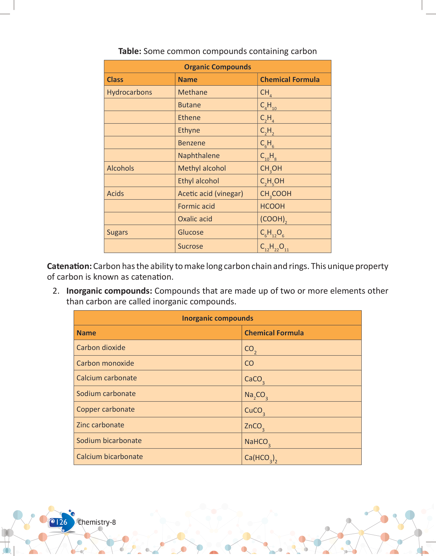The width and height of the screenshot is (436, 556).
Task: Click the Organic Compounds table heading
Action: [x=217, y=67]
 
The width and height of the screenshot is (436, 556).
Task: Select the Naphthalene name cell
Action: [x=199, y=156]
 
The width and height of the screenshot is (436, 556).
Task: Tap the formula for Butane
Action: [x=268, y=105]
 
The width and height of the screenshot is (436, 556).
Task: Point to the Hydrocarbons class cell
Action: [x=129, y=92]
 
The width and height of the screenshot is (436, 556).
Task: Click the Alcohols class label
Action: [x=120, y=168]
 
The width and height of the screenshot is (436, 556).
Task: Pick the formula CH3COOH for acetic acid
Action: [x=276, y=194]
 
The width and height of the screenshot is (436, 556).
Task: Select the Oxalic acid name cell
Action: [x=195, y=219]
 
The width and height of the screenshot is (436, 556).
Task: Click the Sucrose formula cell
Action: [x=274, y=247]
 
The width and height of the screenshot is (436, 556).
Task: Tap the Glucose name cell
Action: [x=191, y=232]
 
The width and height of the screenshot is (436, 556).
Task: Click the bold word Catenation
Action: [x=69, y=266]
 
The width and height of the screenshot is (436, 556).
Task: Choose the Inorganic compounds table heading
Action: [x=217, y=318]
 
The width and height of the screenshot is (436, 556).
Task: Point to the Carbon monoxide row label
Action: [x=105, y=363]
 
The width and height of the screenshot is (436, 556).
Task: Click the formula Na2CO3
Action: [x=256, y=395]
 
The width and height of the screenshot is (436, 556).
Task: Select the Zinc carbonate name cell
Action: [x=100, y=425]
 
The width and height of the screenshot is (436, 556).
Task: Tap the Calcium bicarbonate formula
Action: [x=261, y=458]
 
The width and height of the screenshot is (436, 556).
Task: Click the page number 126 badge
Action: [x=61, y=522]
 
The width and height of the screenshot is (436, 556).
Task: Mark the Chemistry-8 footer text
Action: [x=97, y=522]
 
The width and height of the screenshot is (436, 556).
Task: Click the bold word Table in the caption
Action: [x=130, y=51]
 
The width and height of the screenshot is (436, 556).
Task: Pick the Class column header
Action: [x=115, y=80]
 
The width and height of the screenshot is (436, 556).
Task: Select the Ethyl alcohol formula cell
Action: [x=272, y=181]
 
